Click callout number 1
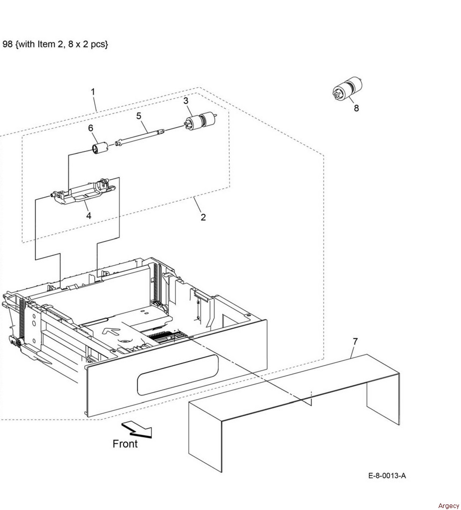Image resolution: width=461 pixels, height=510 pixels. pos(93,92)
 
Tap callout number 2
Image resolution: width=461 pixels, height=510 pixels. pos(203,217)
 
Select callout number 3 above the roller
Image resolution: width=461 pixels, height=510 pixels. pos(185,101)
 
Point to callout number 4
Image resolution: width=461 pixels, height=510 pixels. pos(89,215)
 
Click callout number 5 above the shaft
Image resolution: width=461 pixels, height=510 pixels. pos(139,116)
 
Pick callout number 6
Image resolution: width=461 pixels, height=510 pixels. pos(91,128)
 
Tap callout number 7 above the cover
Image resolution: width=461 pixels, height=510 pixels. pos(355,342)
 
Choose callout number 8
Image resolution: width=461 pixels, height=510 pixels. pos(356,108)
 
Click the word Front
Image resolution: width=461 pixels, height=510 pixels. pos(125,444)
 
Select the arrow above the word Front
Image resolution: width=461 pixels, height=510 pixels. pos(137,430)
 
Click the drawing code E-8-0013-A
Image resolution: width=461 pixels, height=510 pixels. pos(387,476)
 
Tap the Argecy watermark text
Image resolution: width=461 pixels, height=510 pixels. pos(449,506)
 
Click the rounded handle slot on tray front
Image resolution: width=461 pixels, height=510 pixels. pos(178,375)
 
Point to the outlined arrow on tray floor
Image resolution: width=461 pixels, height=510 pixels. pos(112,331)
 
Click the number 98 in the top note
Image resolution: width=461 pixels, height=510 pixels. pos(7,44)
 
